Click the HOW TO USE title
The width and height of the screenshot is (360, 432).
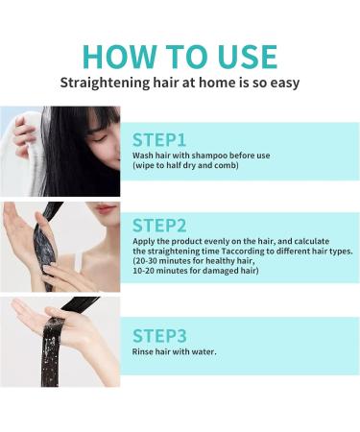click(180, 55)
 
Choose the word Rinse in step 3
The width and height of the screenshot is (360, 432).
click(143, 351)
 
